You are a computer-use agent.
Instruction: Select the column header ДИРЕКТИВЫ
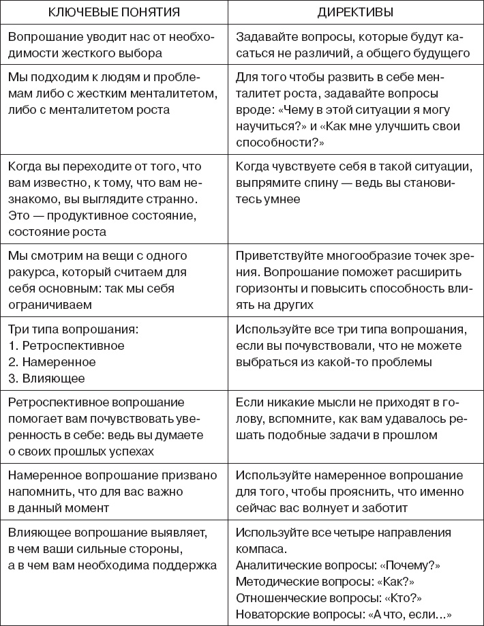pyautogui.click(x=357, y=13)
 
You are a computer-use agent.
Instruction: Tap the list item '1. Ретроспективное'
pyautogui.click(x=67, y=346)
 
